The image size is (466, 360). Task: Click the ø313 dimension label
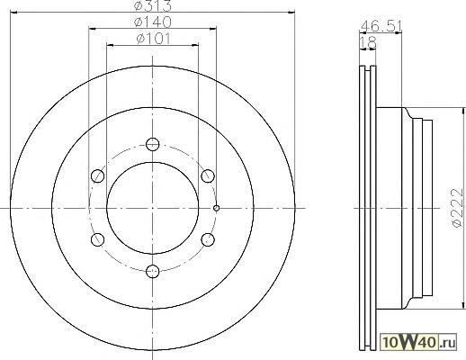click(x=153, y=5)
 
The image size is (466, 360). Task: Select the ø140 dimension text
click(x=153, y=22)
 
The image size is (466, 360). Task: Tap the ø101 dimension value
click(x=153, y=39)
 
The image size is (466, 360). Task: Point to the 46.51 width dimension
click(x=381, y=26)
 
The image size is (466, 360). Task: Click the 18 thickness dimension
click(x=368, y=42)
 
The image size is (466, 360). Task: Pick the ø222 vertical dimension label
click(x=457, y=208)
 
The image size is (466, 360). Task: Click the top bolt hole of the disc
click(x=152, y=144)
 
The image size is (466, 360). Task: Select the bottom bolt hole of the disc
click(x=152, y=271)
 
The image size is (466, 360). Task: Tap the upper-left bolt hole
click(x=97, y=175)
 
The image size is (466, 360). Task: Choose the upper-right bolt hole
click(x=208, y=175)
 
